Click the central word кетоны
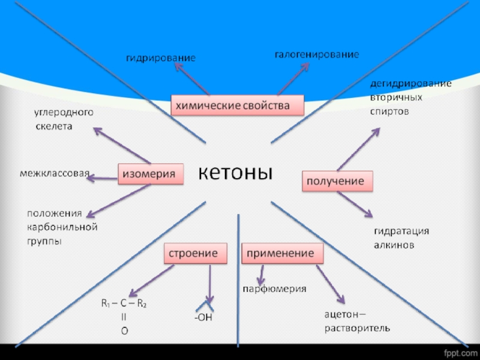[235, 173]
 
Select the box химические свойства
[238, 106]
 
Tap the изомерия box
[149, 174]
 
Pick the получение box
[336, 181]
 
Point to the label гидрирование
[160, 58]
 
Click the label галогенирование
[317, 55]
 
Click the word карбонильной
[62, 227]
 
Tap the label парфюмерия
[274, 289]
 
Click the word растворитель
[358, 328]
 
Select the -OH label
[203, 316]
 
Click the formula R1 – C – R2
[124, 304]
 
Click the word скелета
[54, 127]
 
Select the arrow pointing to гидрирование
[190, 80]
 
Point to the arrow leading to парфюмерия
[262, 275]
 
